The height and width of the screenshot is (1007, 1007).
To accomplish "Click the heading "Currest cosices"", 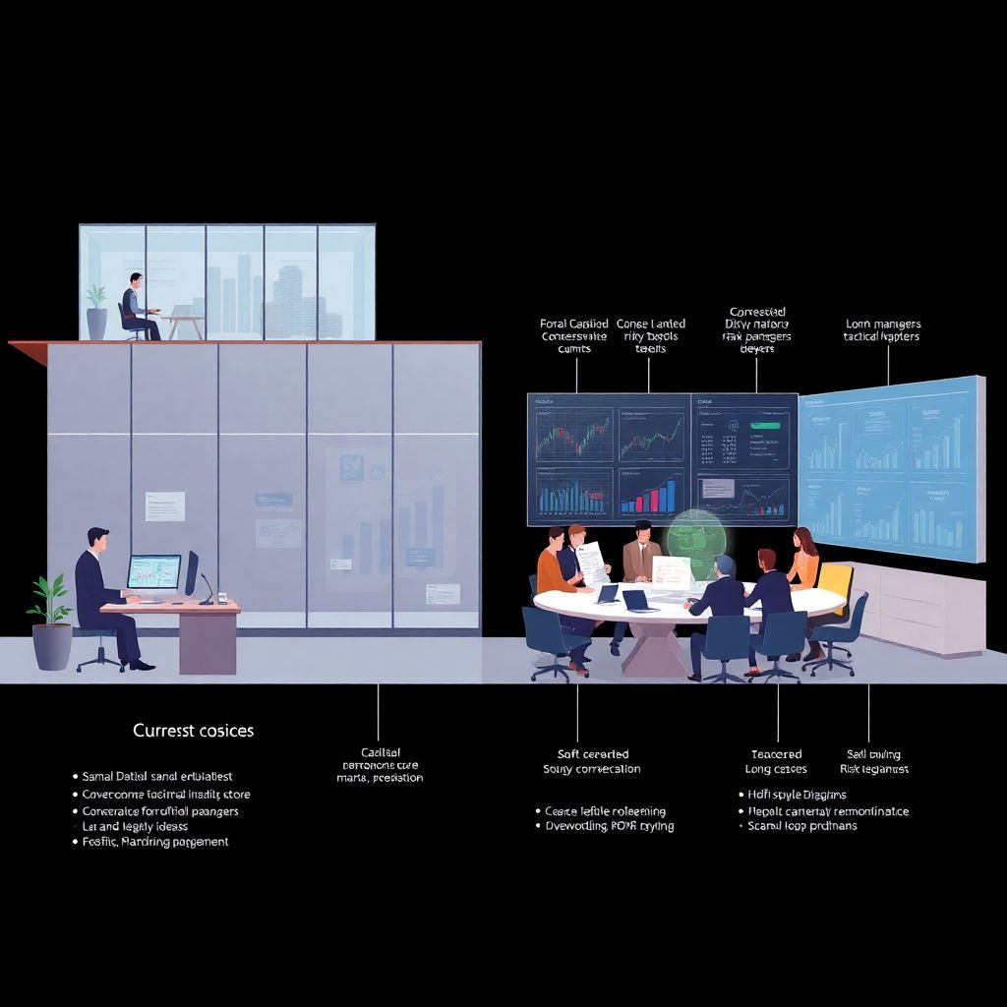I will coord(193,731).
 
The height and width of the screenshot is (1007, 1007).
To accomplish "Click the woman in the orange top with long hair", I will coord(802,559).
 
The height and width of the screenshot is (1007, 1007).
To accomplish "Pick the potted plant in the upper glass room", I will coord(96,312).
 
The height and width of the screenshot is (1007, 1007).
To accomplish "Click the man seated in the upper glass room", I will coord(138,306).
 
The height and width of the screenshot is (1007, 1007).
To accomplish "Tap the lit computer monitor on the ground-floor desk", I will coord(154,571).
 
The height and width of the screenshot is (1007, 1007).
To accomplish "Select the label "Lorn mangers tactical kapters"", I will coord(882,329).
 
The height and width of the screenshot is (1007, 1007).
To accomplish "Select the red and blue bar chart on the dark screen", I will coord(652,493).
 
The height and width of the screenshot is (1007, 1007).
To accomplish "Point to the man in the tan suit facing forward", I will coord(642,551).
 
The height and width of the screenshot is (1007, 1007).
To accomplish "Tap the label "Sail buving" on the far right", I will coord(873,754).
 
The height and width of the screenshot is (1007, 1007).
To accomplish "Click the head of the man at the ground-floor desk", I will coord(97,539).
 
